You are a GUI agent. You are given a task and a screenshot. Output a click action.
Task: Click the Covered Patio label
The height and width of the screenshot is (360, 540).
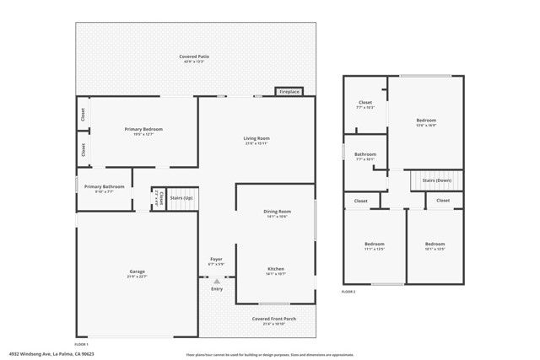click(194, 56)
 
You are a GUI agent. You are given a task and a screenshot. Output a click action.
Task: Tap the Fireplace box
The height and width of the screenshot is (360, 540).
click(289, 91)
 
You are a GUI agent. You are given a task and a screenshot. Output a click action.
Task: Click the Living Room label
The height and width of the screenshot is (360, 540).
click(256, 139)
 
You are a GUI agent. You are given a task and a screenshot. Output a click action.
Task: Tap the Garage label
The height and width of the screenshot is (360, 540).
click(137, 272)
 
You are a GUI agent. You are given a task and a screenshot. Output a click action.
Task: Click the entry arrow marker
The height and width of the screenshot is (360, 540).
click(217, 281)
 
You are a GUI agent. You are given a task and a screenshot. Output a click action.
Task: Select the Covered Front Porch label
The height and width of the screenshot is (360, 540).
click(275, 319)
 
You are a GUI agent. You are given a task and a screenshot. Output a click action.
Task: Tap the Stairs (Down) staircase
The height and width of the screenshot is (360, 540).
click(437, 181)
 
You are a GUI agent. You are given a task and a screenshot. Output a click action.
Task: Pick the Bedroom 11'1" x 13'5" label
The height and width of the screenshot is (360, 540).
click(374, 245)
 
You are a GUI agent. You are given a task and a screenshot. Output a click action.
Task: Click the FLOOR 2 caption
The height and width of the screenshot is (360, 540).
click(348, 291)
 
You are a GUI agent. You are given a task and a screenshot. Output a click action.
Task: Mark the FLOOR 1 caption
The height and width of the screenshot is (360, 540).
click(81, 344)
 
